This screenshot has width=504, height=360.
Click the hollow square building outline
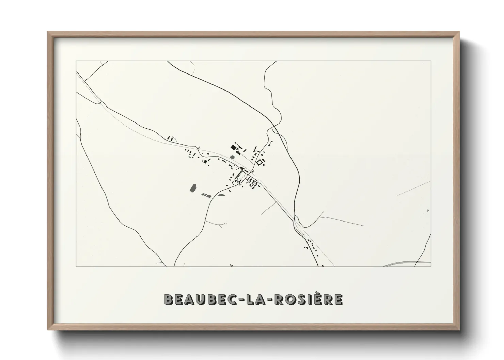tap(261, 162)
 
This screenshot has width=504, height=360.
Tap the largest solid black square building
tap(233, 147)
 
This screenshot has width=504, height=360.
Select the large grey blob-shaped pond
tap(193, 188)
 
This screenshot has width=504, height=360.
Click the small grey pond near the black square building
tap(232, 158)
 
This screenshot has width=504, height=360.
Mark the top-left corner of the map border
tap(76, 61)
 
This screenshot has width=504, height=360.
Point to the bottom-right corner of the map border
tap(431, 267)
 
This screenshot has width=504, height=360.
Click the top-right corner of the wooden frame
tap(460, 32)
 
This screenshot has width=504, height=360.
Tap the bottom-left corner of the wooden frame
tap(47, 330)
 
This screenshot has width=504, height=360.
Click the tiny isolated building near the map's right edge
tap(428, 211)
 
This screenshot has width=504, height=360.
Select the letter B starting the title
tap(168, 299)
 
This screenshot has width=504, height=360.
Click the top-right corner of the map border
tap(431, 61)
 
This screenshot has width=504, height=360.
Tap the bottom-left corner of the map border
tap(76, 267)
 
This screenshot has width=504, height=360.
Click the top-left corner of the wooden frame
tap(47, 32)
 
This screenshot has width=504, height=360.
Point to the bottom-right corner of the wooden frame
tap(460, 330)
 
